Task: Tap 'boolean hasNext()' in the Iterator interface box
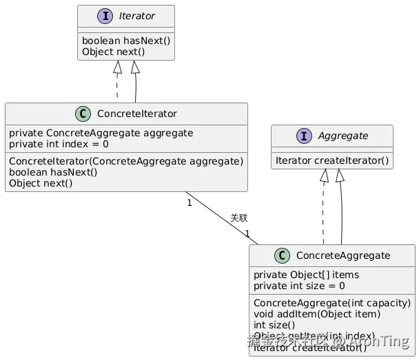click(126, 41)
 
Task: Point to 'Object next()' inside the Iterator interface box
click(114, 52)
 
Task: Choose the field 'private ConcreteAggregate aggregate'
click(101, 133)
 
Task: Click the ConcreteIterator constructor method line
click(126, 161)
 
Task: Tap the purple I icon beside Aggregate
click(303, 136)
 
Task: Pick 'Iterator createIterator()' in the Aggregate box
click(332, 160)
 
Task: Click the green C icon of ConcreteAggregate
click(281, 255)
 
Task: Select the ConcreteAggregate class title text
click(343, 255)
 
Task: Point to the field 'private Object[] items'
click(306, 275)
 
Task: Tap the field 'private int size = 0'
click(299, 286)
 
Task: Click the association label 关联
click(238, 218)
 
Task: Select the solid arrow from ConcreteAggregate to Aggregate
click(342, 213)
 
